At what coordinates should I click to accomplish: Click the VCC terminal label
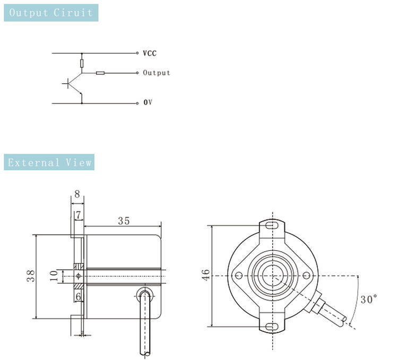(x=150, y=54)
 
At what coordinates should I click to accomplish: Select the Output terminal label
(x=157, y=73)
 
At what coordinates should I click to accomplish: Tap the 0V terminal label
(x=148, y=102)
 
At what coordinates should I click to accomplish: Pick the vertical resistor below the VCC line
(x=82, y=64)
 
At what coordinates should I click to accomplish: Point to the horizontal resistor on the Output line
(x=100, y=73)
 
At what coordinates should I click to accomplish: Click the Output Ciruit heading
(x=51, y=13)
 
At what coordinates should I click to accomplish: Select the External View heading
(x=49, y=162)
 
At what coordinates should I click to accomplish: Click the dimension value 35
(x=123, y=221)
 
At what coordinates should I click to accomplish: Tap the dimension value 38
(x=31, y=276)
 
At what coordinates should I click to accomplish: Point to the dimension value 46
(x=206, y=275)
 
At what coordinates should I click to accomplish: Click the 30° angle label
(x=369, y=300)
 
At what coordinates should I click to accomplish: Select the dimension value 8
(x=77, y=194)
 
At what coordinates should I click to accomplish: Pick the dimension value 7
(x=79, y=215)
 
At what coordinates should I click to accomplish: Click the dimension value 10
(x=53, y=276)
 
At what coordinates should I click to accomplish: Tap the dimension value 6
(x=78, y=297)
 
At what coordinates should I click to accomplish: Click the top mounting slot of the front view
(x=272, y=226)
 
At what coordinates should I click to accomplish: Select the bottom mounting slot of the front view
(x=272, y=325)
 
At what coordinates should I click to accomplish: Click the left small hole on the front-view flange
(x=239, y=275)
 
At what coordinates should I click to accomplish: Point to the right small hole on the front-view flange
(x=306, y=275)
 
